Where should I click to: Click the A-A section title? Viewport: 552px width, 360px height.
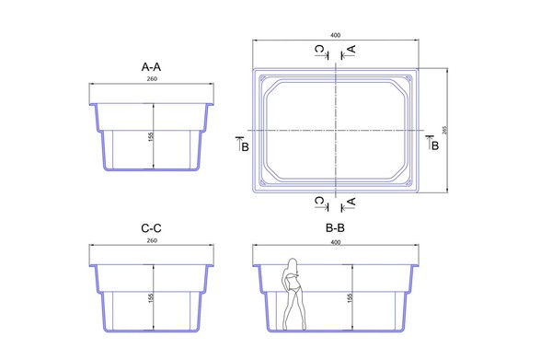[x=151, y=66]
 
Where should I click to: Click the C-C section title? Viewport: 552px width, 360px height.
[x=151, y=228]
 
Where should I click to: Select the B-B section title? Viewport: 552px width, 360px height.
[x=335, y=228]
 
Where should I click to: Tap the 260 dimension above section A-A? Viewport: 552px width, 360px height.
[x=152, y=79]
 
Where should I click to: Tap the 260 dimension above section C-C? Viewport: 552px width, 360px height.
[x=152, y=240]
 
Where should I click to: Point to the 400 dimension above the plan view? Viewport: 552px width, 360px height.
[x=336, y=35]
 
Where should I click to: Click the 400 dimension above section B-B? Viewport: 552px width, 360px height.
[x=336, y=242]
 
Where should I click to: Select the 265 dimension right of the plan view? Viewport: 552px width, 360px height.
[x=444, y=130]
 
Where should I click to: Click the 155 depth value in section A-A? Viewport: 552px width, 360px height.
[x=151, y=136]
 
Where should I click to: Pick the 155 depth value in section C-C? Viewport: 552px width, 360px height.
[x=151, y=298]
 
